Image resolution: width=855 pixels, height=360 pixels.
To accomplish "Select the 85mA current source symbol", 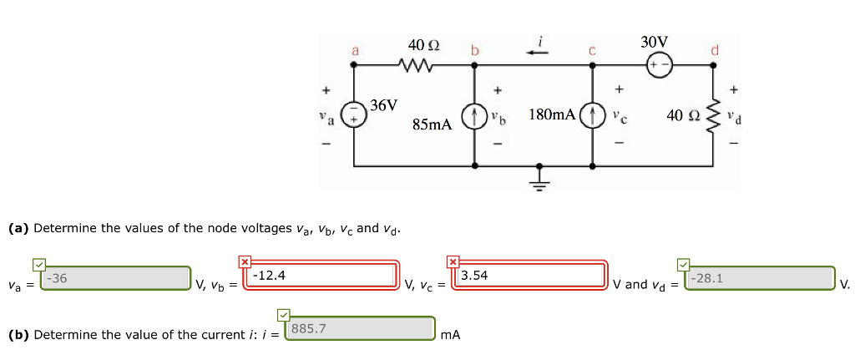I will pos(475,114).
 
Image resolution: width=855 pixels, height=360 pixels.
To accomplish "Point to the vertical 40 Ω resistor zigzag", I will pos(713,114).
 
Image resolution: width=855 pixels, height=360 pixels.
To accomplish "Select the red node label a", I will pos(354,52).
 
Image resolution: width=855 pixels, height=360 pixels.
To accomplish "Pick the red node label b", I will pos(474,52).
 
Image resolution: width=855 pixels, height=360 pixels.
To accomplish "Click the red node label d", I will pos(714,52).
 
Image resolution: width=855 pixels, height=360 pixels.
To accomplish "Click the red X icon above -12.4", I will pos(245,261).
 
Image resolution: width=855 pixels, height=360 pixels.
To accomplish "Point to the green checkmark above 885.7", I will pos(282,314).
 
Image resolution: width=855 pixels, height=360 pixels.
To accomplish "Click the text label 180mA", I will pos(551,114).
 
